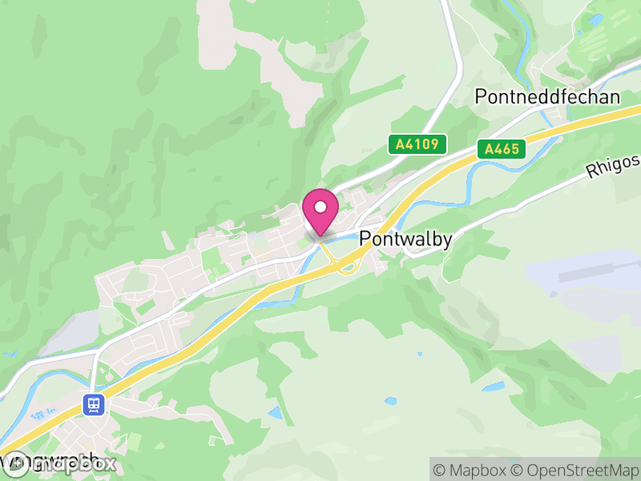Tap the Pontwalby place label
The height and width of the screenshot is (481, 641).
point(405,238)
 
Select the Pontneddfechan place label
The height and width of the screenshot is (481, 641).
point(547,97)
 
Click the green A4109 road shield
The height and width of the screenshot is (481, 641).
point(417,144)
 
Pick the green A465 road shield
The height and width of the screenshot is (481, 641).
point(502,148)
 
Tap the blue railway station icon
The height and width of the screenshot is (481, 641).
point(94,404)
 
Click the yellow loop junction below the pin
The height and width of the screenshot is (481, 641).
point(347,264)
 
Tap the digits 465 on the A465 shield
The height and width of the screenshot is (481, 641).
point(506,148)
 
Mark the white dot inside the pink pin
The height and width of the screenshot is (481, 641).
point(320,207)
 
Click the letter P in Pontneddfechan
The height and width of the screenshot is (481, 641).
point(481,97)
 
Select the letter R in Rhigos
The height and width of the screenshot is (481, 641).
point(591,172)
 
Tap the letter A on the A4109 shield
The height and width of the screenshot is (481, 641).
point(399,144)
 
